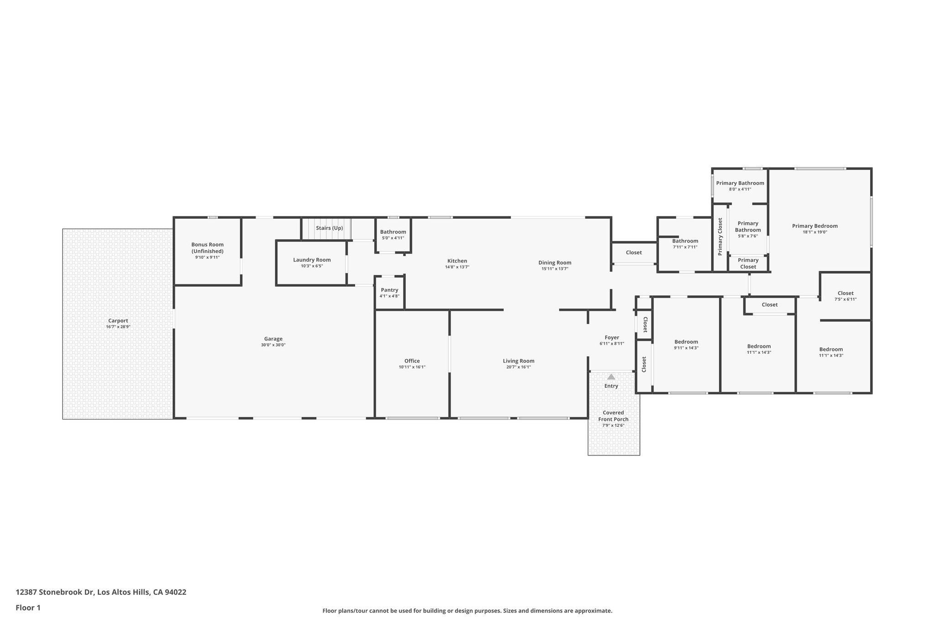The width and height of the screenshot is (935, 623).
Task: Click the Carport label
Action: [118, 321]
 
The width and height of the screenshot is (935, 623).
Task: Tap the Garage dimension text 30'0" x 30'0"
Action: [273, 345]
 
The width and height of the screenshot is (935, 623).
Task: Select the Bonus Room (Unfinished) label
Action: [207, 248]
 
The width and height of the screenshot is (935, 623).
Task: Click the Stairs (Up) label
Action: [329, 228]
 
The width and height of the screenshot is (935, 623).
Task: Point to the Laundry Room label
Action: [312, 260]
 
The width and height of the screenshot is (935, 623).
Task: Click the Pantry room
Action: [389, 293]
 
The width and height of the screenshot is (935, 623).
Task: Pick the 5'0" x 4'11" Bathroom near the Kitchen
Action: [393, 235]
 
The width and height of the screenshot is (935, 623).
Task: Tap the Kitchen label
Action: [457, 261]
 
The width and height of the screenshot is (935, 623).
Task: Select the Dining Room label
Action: [555, 262]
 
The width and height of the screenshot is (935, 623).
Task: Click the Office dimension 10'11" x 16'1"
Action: [412, 367]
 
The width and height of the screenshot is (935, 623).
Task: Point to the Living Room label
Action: [519, 361]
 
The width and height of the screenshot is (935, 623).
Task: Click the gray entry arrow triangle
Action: [611, 377]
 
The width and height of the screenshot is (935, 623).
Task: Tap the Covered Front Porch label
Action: [613, 416]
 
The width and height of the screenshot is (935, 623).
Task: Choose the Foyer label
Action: [612, 338]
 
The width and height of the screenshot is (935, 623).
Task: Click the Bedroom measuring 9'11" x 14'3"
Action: [686, 345]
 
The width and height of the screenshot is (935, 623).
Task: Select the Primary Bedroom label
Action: [815, 226]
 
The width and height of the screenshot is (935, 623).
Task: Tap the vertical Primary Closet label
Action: [720, 236]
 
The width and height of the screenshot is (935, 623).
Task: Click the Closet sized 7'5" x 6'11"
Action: [846, 296]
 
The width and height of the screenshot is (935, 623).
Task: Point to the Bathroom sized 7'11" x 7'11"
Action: [685, 244]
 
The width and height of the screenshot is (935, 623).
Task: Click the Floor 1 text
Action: [28, 608]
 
